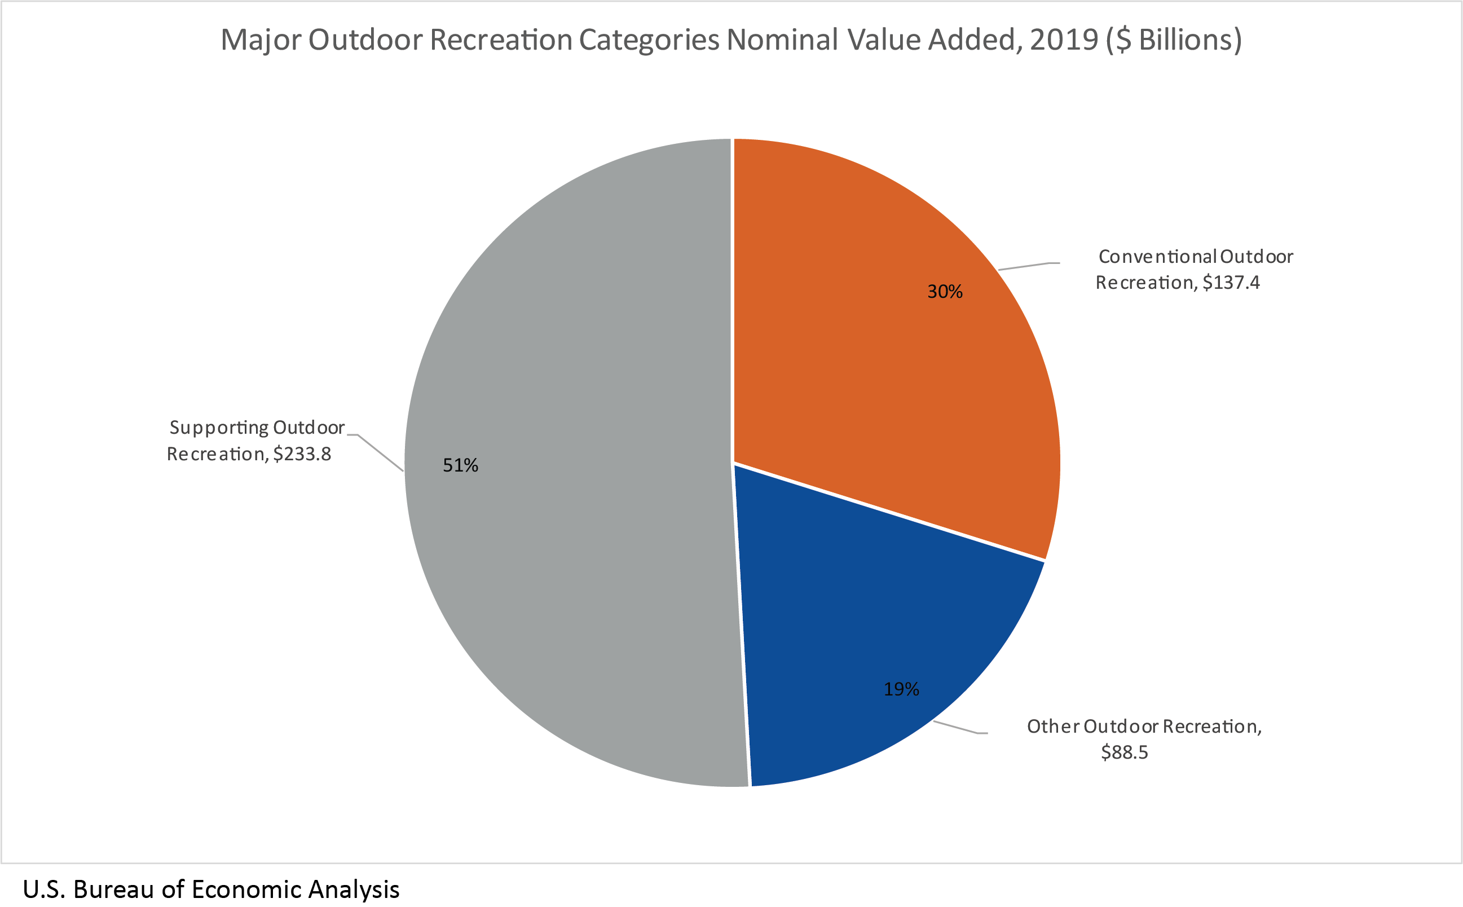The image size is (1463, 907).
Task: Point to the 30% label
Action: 945,292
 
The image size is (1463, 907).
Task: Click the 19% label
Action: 901,689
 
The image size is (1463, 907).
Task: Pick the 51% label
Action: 460,465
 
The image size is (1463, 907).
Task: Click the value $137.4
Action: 1231,283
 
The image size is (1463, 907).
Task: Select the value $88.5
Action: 1124,752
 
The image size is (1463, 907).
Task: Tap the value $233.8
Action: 302,454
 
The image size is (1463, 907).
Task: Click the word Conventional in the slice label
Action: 1157,257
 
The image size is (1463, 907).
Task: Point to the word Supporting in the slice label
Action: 219,428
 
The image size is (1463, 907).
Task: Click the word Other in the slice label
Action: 1053,727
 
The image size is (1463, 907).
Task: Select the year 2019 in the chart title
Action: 1064,40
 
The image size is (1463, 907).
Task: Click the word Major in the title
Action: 262,40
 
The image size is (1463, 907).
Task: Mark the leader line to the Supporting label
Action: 380,453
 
